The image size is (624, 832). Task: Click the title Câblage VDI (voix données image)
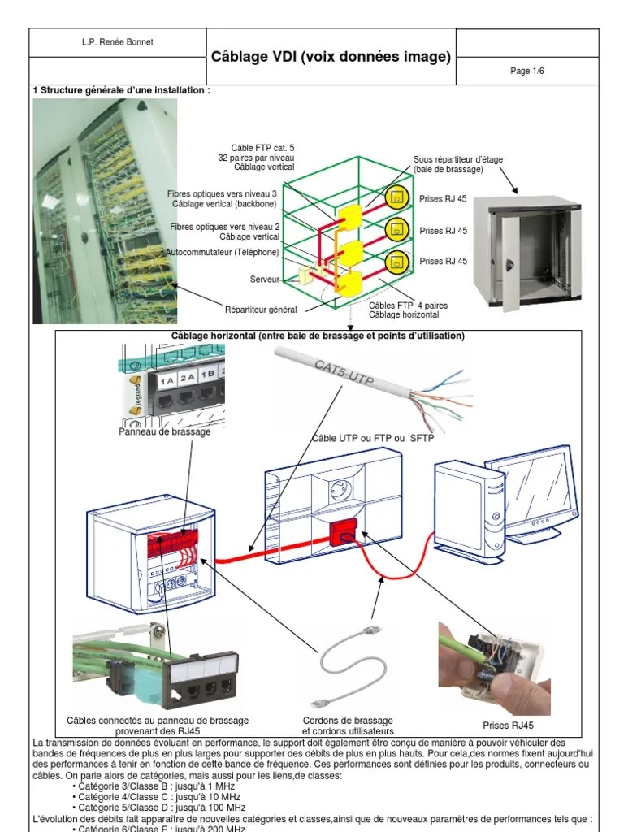(x=331, y=57)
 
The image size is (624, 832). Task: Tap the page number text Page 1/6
(x=526, y=71)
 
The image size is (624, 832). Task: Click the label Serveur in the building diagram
(x=265, y=279)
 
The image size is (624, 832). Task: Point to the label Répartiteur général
(x=261, y=310)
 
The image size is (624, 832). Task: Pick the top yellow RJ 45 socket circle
(x=395, y=197)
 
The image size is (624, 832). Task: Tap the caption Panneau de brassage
(x=164, y=431)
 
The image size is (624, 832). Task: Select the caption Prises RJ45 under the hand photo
(x=508, y=726)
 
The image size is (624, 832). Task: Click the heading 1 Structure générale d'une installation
(x=122, y=90)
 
